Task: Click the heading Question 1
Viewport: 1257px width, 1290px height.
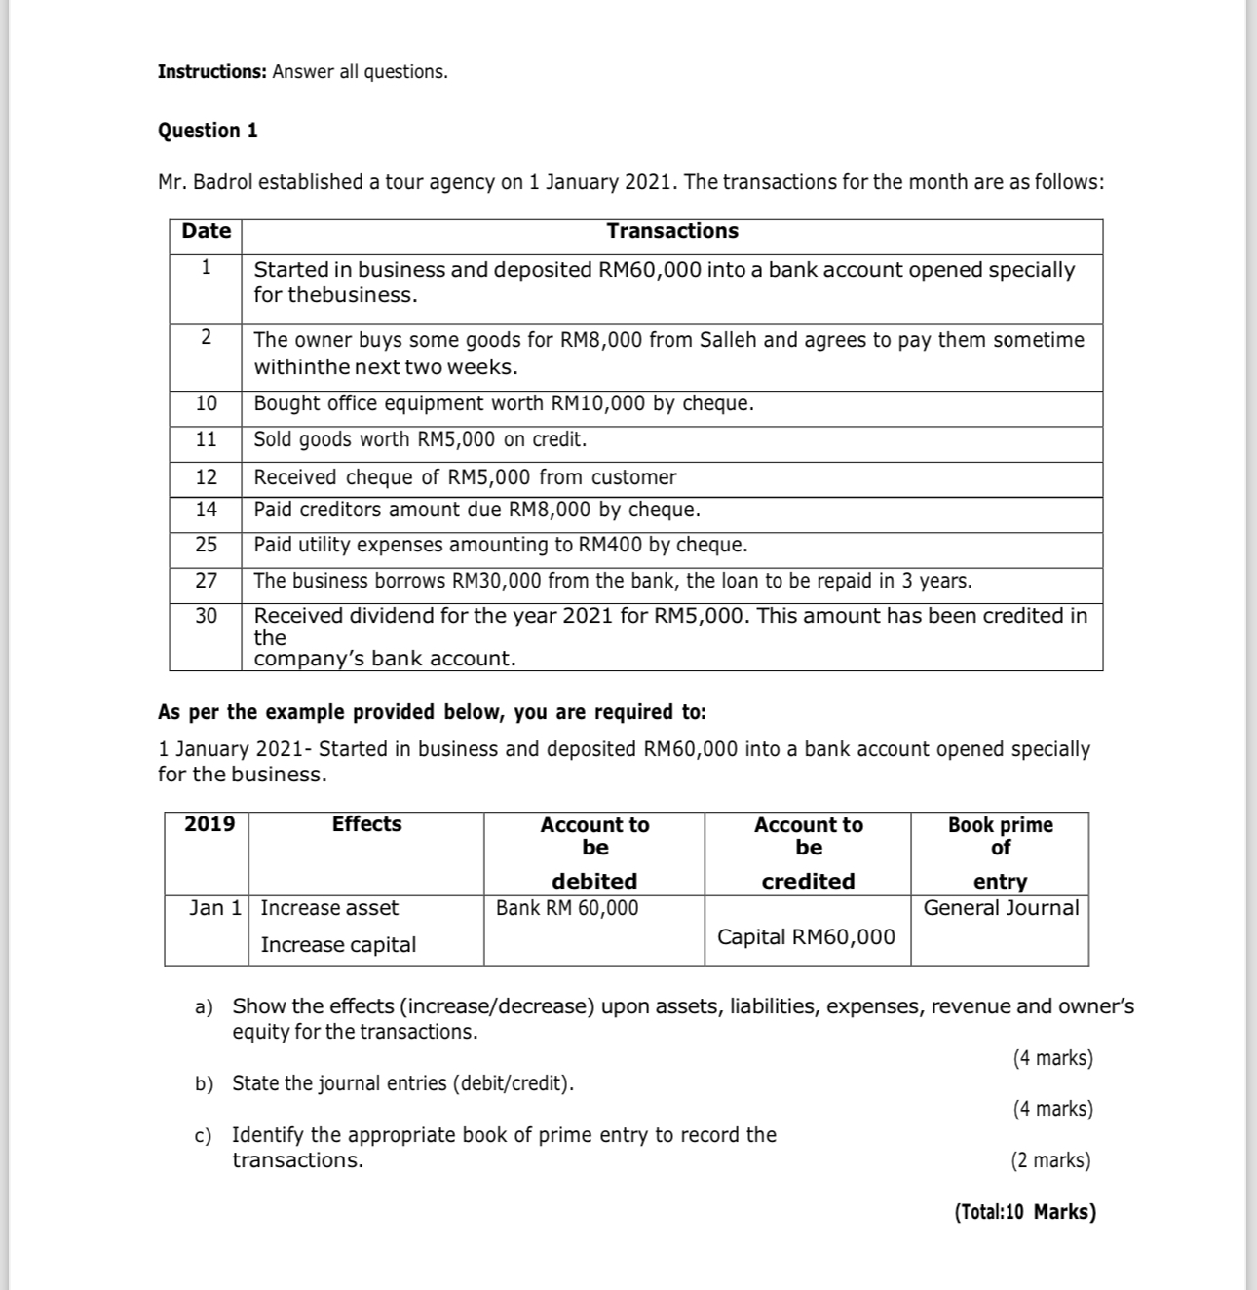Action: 208,131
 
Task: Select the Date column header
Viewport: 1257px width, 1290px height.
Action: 207,231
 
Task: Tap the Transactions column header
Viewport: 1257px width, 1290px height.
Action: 672,231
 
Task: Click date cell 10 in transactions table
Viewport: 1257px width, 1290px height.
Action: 207,403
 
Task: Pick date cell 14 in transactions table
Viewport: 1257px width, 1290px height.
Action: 207,510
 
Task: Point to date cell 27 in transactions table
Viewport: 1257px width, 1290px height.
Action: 207,581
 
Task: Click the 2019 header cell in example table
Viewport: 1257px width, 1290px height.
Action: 209,824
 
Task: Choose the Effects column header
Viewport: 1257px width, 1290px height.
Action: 366,824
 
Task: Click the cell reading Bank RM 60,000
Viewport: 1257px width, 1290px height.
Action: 567,908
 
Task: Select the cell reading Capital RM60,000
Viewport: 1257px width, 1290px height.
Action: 806,937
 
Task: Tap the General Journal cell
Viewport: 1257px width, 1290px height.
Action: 1001,908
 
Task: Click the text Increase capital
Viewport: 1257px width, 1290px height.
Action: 338,945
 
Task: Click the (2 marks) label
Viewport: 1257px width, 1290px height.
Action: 1050,1160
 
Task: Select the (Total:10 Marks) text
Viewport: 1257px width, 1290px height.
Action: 1025,1212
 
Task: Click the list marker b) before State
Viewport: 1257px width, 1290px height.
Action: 204,1084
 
